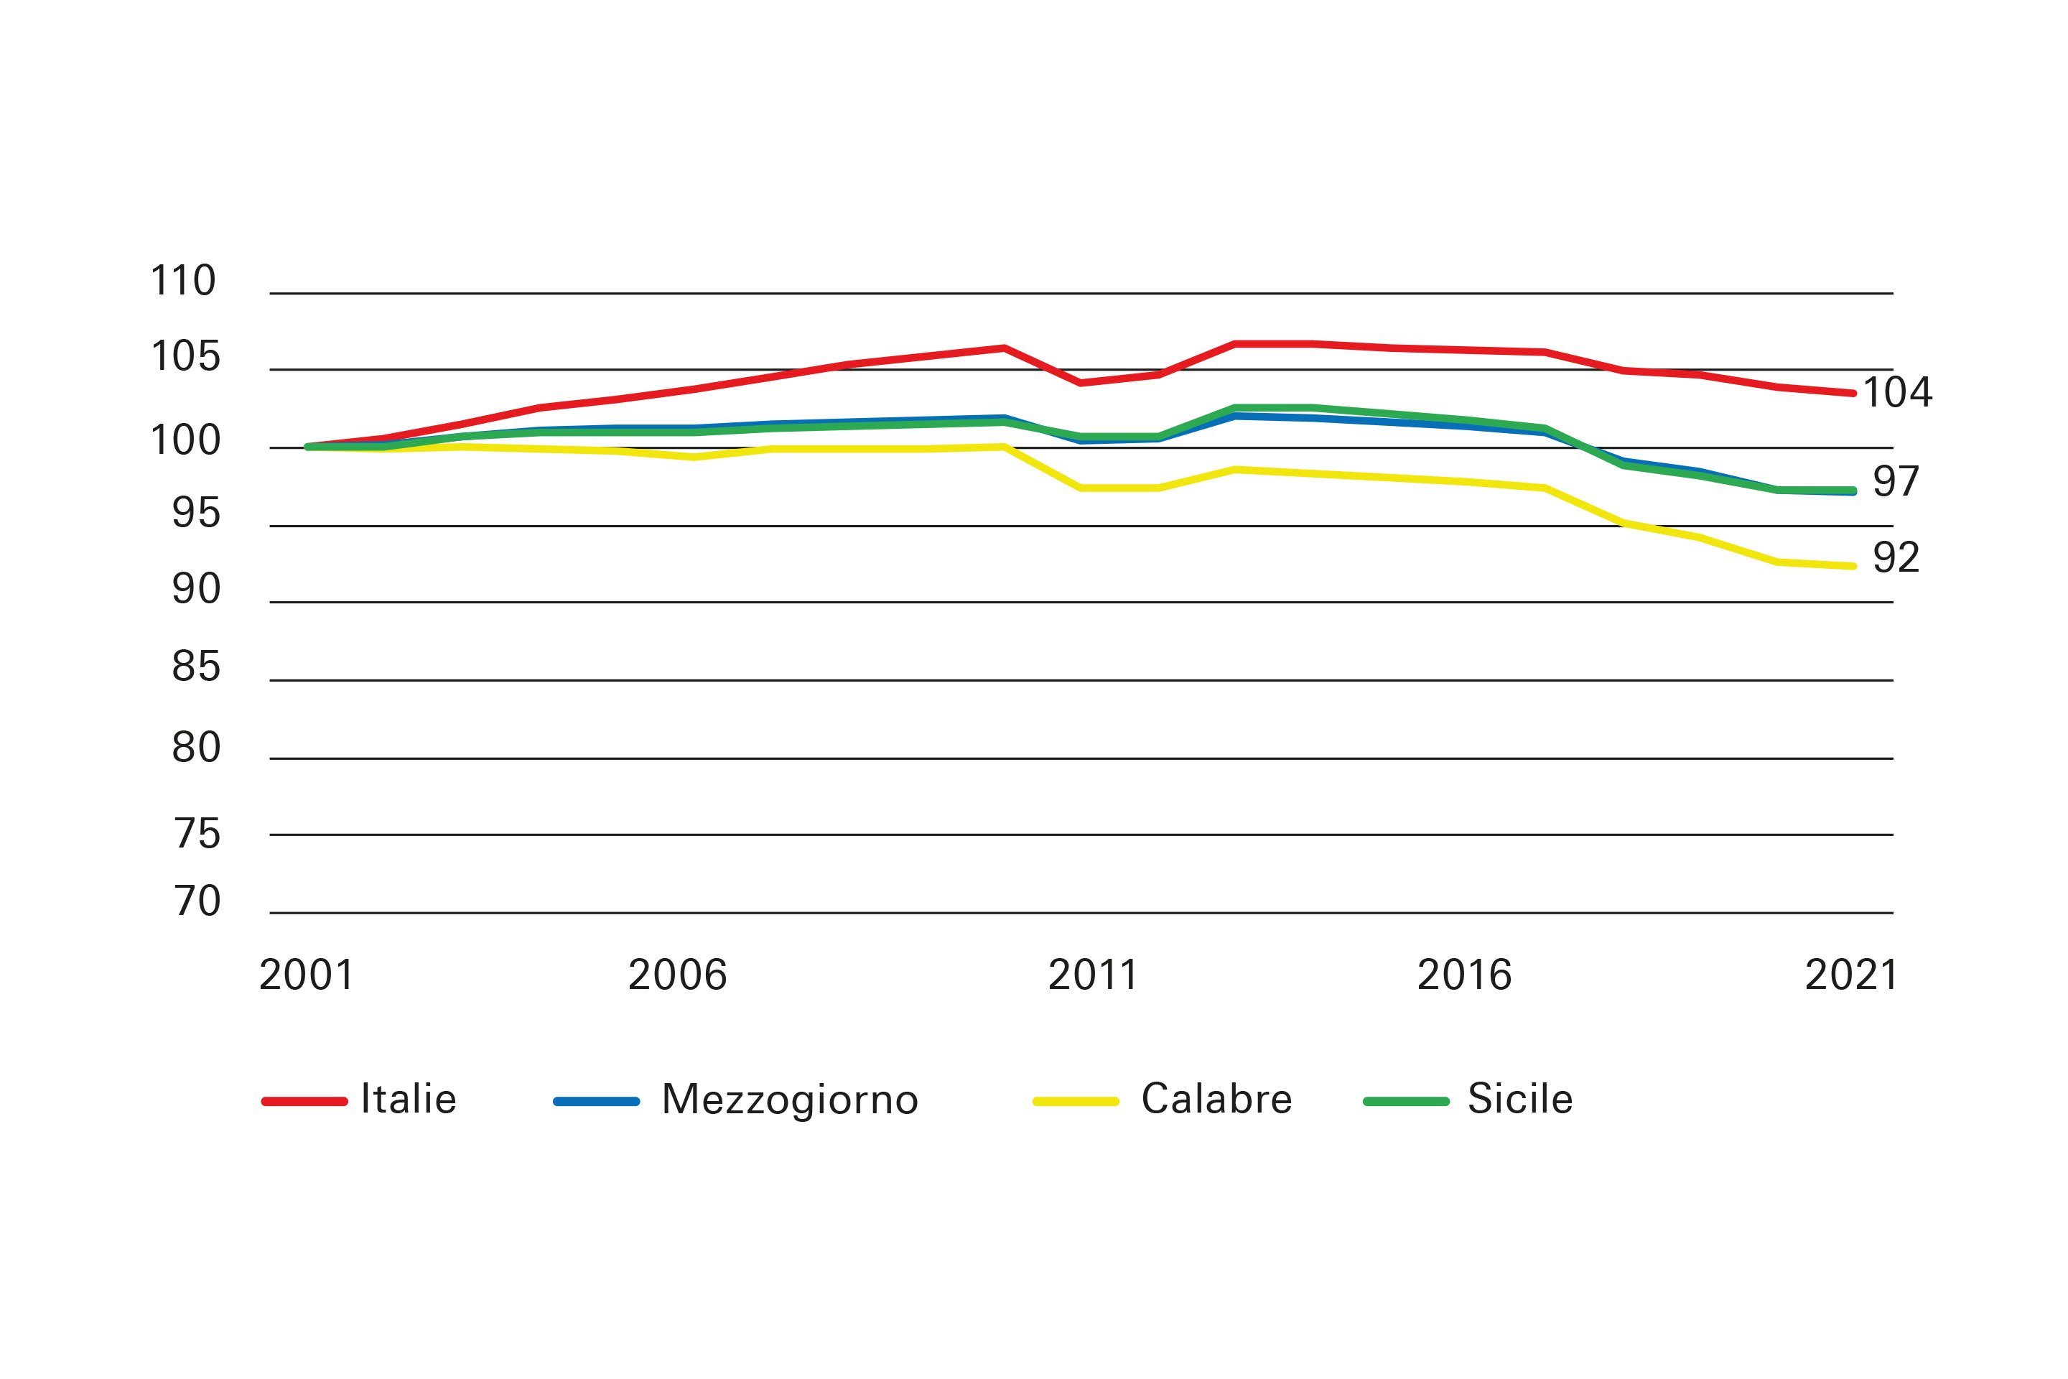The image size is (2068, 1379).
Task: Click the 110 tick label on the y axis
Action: click(183, 282)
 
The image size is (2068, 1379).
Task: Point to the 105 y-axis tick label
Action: click(185, 357)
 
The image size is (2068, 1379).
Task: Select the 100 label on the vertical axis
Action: click(185, 440)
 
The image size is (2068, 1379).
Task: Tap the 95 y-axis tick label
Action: click(195, 514)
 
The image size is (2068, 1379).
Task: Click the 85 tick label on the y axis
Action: click(195, 667)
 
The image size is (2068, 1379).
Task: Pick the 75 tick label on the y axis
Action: click(196, 834)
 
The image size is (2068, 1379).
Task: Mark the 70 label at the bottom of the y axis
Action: click(196, 901)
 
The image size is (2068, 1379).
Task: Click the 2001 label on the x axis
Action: click(306, 975)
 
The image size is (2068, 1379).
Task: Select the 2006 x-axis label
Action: click(677, 975)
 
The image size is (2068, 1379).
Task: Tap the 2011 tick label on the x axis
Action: click(1092, 975)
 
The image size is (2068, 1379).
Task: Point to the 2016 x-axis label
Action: click(1464, 975)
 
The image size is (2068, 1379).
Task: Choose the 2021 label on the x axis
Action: click(1850, 975)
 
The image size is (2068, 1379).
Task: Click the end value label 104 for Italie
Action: click(1896, 392)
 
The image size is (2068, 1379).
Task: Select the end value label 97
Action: click(1896, 482)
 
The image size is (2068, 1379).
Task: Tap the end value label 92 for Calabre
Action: click(1896, 557)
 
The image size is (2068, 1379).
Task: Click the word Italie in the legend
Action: click(408, 1100)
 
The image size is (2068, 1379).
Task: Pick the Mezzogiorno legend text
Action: click(790, 1100)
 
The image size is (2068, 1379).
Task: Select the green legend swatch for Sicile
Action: click(1405, 1101)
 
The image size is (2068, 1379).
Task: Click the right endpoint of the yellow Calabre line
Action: click(1853, 567)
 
